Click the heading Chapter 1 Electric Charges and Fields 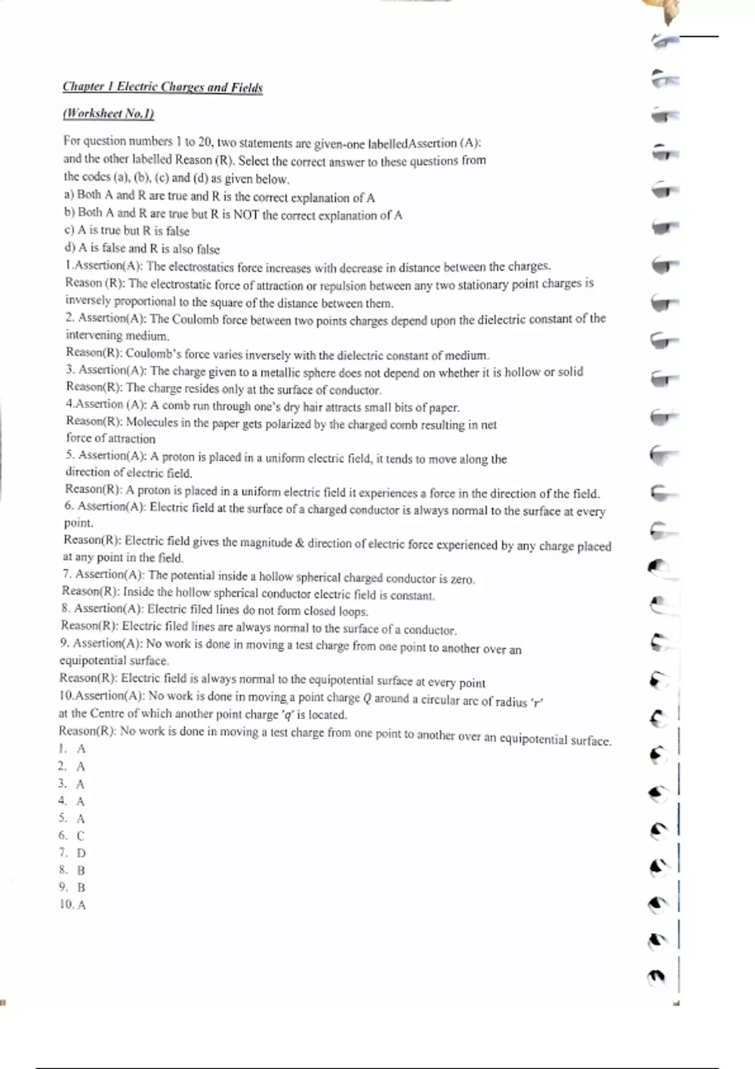[162, 87]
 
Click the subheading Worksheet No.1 [108, 114]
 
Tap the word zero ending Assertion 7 [462, 579]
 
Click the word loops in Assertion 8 [352, 611]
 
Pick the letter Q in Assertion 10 [367, 698]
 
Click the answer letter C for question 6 [81, 836]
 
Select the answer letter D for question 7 [81, 853]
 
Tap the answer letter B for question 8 [81, 870]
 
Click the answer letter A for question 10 [81, 905]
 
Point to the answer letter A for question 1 [81, 749]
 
